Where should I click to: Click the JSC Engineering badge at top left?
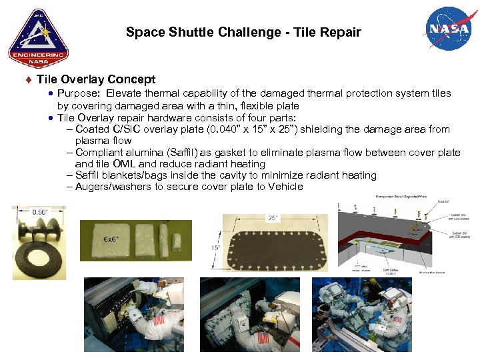point(38,38)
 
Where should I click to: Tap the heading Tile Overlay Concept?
point(96,79)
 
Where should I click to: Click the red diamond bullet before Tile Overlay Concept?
point(28,80)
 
